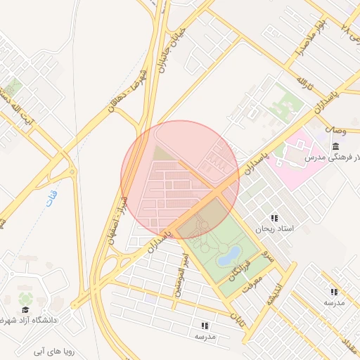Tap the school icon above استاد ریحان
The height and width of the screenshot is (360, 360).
(274, 218)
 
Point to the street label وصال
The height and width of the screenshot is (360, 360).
(336, 130)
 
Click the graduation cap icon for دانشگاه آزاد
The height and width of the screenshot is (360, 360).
(25, 309)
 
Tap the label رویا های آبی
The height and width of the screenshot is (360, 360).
(59, 349)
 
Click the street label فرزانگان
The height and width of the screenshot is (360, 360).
(238, 268)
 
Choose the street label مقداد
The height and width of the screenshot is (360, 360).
(349, 344)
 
